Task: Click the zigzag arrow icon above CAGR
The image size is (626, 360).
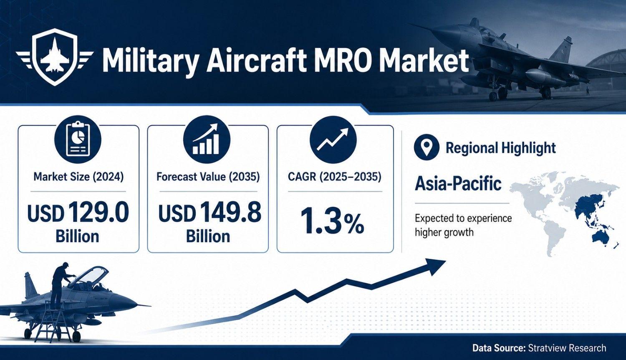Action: [333, 139]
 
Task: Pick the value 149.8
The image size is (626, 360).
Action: [230, 212]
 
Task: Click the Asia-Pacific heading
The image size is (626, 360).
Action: [458, 184]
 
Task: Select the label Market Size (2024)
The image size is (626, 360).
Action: [78, 177]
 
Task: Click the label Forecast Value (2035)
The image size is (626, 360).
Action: [208, 177]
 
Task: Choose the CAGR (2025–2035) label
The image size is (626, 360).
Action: [334, 177]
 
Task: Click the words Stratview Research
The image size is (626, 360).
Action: [567, 348]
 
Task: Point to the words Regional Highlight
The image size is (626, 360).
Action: [500, 148]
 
